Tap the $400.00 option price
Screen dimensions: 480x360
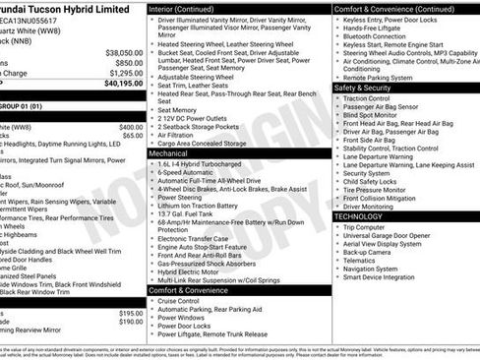130,127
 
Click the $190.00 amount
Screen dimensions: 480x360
130,321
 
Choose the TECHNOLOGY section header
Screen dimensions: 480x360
361,216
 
